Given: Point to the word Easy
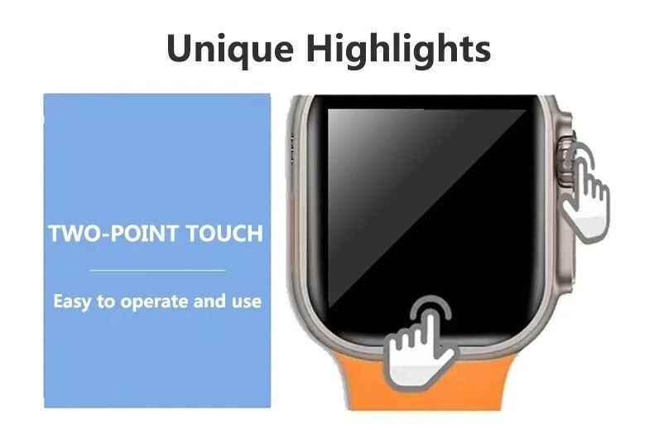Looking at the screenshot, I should [71, 301].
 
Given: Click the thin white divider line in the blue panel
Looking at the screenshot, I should [157, 270].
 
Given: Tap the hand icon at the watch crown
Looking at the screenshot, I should [585, 188].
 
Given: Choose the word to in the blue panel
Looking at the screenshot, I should [106, 302].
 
